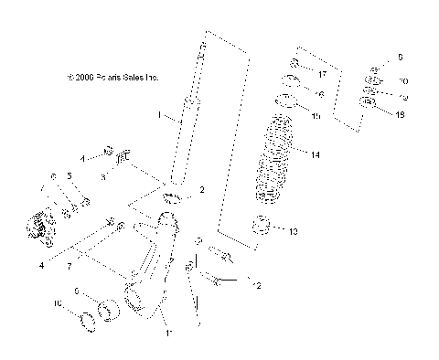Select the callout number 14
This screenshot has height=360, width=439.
[315, 155]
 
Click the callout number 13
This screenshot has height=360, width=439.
[293, 232]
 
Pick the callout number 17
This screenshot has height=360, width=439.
[322, 70]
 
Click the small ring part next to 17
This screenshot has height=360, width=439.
[295, 64]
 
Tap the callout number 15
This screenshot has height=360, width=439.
[316, 116]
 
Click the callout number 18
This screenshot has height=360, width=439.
[401, 114]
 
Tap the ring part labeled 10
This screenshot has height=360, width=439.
[90, 319]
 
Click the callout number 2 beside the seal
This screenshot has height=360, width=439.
[203, 190]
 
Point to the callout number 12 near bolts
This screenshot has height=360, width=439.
[257, 286]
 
